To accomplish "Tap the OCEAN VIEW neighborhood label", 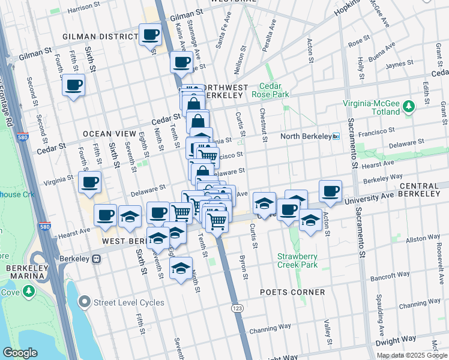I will (107, 133).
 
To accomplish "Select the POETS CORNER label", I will (292, 292).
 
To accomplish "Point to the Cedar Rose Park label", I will (274, 91).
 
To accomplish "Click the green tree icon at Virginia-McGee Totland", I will (409, 106).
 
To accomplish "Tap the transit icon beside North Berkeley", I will (336, 137).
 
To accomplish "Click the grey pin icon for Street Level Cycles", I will (85, 302).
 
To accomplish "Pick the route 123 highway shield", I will (238, 307).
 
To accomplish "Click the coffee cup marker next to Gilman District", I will (150, 35).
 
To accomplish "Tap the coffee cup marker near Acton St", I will (330, 191).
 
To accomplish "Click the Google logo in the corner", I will (20, 353).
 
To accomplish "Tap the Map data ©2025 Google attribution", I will (412, 355).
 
